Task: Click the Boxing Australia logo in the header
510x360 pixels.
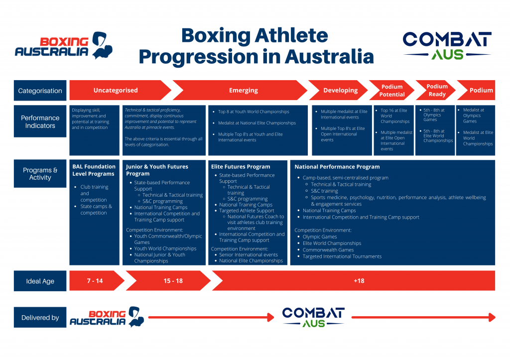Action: click(x=64, y=46)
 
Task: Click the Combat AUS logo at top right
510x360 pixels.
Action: click(x=447, y=45)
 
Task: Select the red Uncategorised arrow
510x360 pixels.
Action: click(x=116, y=91)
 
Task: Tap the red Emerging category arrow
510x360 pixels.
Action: click(x=243, y=91)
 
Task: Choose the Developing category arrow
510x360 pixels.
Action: click(x=341, y=91)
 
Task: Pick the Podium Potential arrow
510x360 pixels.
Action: click(x=392, y=91)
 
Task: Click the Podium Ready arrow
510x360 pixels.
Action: click(x=437, y=90)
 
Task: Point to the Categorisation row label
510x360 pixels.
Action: click(x=40, y=91)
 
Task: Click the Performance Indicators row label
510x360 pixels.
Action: click(x=40, y=122)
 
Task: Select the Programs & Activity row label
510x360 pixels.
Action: click(x=40, y=174)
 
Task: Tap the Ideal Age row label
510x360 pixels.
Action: click(x=40, y=281)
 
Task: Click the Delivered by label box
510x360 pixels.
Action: click(x=40, y=317)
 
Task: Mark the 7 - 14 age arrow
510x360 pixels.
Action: click(x=95, y=281)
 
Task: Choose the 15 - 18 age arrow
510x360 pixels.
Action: click(x=173, y=281)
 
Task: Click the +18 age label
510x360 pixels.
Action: click(x=359, y=281)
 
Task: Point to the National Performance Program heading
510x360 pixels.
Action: click(x=337, y=167)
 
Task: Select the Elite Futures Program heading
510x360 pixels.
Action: click(x=241, y=167)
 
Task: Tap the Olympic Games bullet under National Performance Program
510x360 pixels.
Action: click(x=320, y=237)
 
